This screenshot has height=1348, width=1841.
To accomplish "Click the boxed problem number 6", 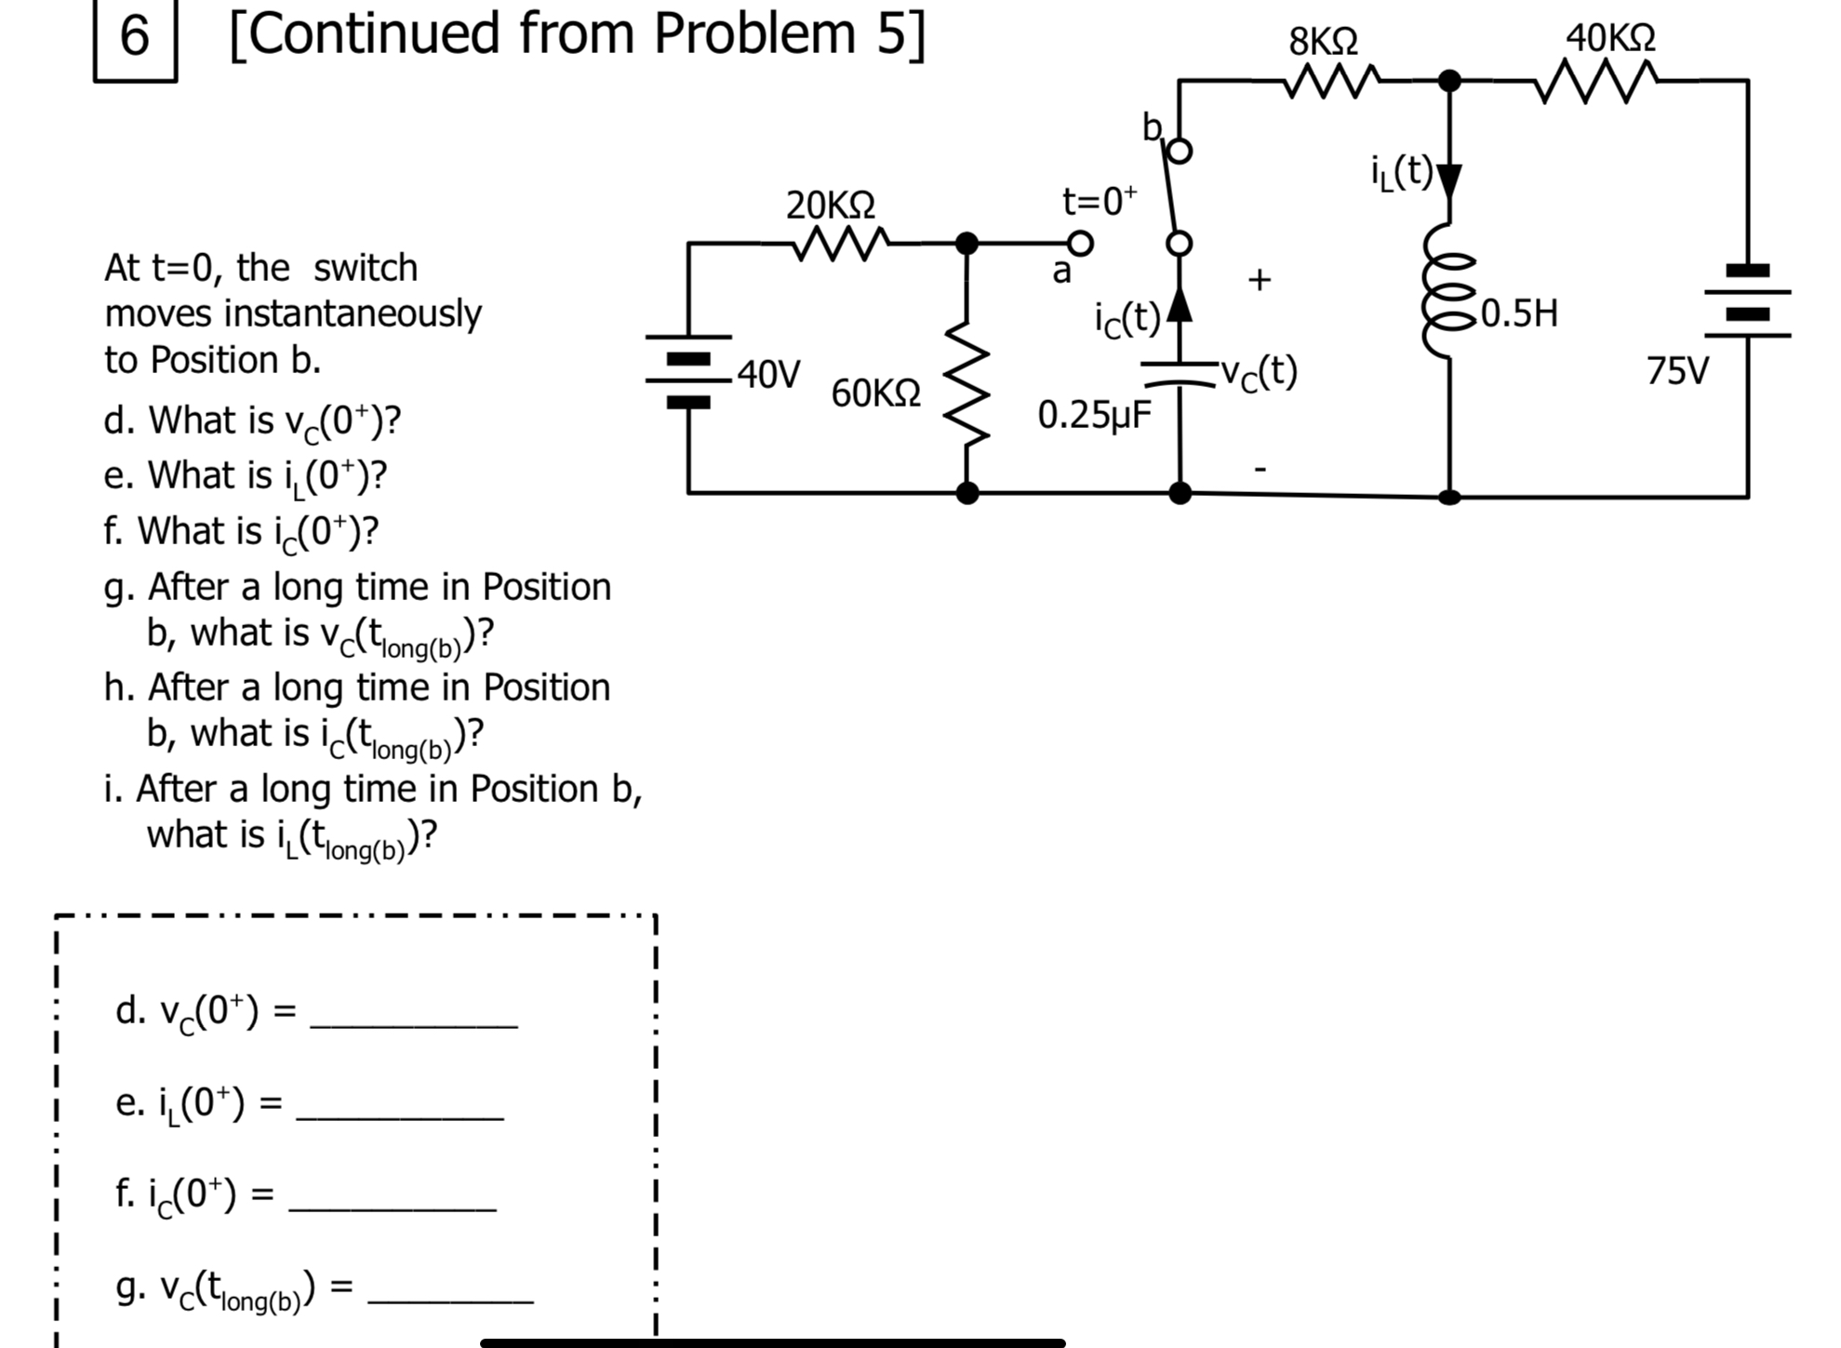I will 135,38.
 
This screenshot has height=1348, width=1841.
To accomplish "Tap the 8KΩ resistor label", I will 1322,42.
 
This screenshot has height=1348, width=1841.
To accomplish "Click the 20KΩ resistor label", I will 830,205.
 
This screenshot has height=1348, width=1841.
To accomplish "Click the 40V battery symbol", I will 688,370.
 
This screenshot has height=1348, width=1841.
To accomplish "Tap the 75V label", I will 1676,370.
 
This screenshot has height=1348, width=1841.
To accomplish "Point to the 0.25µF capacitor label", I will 1094,414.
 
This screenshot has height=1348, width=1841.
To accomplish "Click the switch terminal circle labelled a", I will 1079,244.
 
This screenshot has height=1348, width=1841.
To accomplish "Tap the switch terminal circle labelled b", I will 1179,152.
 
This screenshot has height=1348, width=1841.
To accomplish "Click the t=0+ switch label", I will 1099,201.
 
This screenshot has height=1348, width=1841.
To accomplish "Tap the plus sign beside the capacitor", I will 1259,279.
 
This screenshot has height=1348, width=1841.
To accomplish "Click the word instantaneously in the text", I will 353,314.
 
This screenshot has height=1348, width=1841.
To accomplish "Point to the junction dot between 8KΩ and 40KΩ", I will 1448,81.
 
